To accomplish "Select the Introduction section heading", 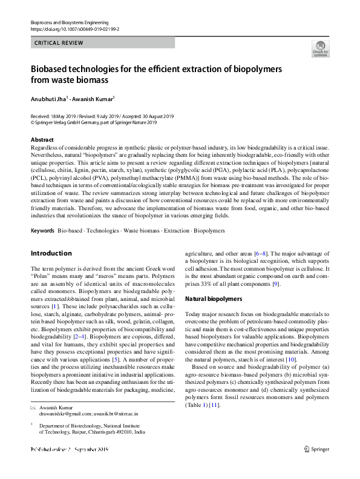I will [51, 253].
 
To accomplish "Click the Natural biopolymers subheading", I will [214, 299].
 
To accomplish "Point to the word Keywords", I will [42, 231].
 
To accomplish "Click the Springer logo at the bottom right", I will [316, 466].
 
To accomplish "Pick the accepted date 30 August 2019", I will [154, 116].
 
